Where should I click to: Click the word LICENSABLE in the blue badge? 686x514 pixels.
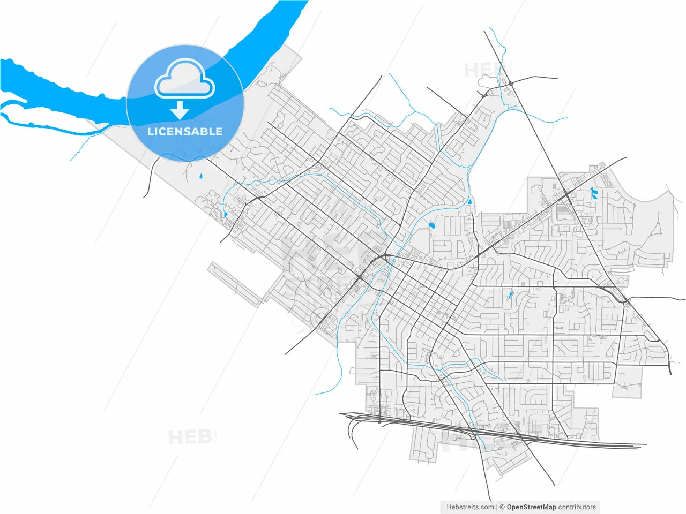[x=185, y=131]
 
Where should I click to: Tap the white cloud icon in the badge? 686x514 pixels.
[x=184, y=80]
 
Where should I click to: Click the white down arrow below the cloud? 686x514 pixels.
[x=180, y=110]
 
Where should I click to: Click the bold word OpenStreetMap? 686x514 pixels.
[x=532, y=507]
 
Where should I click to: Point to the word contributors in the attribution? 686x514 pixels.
[x=577, y=507]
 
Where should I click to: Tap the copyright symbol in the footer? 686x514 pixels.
[x=502, y=507]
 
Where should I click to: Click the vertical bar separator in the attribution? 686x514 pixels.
[x=497, y=507]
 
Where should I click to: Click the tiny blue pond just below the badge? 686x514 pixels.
[x=200, y=176]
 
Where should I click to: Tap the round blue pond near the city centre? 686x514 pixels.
[x=431, y=226]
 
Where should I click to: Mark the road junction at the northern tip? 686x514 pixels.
[x=511, y=83]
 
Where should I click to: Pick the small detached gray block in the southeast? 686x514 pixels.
[x=628, y=383]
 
